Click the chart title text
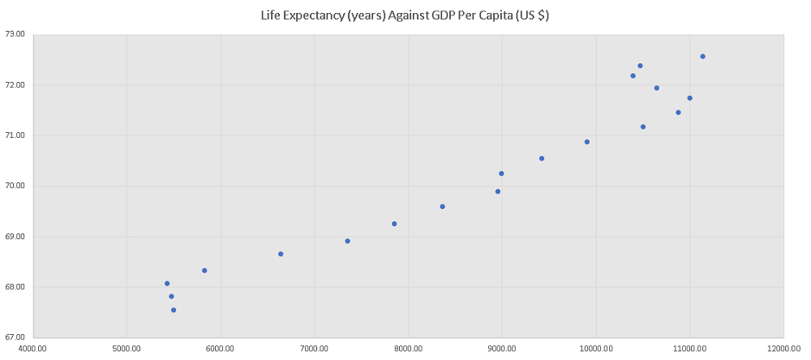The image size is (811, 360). coord(405,15)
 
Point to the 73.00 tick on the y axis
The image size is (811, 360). coord(15,34)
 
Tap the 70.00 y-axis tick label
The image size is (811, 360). coord(15,186)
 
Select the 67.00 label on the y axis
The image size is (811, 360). coord(15,337)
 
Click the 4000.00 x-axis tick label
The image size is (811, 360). coord(32,349)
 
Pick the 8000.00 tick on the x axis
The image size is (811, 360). coord(408,349)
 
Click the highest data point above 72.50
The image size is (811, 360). coord(702,57)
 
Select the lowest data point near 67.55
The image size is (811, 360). coord(174,310)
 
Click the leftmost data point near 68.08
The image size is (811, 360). coord(167,284)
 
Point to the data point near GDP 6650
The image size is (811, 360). coord(281,254)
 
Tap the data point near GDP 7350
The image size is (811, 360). coord(347,241)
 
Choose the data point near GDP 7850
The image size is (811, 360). coord(394,224)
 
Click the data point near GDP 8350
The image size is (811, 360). coord(442,207)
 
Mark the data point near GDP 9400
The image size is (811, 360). coord(542,158)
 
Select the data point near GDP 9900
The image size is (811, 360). coord(587,142)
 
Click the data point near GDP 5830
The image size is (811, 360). coord(204,271)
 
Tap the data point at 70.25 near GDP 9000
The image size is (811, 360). coord(501,174)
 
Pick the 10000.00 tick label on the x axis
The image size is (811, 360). coord(595,349)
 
